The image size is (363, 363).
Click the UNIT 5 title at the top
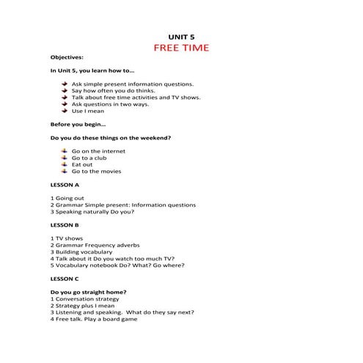pyautogui.click(x=181, y=34)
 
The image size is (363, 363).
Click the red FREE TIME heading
pyautogui.click(x=181, y=48)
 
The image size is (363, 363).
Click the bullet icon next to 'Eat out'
pyautogui.click(x=65, y=164)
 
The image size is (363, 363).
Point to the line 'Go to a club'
pyautogui.click(x=90, y=157)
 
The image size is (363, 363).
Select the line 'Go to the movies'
pyautogui.click(x=96, y=171)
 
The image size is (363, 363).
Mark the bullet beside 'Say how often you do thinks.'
pyautogui.click(x=65, y=89)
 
